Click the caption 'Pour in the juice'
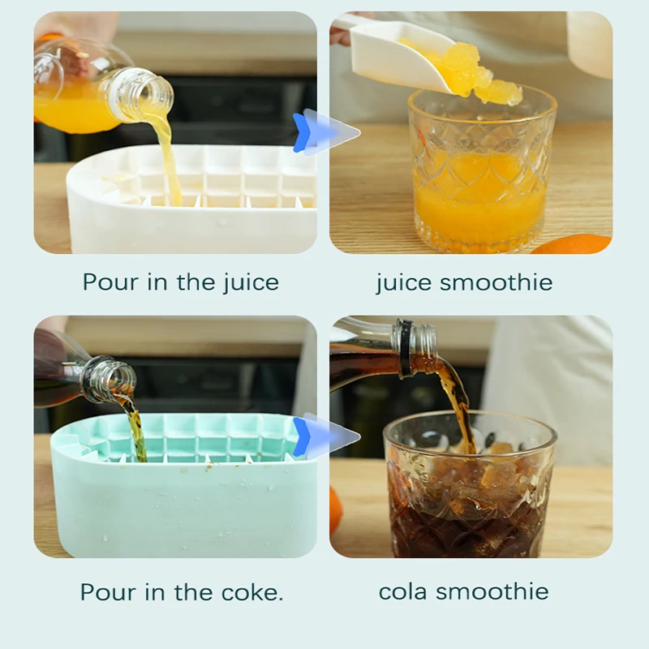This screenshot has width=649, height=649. click(x=180, y=282)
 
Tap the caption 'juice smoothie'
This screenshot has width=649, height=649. click(x=464, y=282)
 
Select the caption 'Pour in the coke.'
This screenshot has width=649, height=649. click(x=182, y=591)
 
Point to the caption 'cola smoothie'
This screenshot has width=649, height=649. click(x=464, y=591)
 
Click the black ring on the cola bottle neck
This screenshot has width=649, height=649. click(x=404, y=349)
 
